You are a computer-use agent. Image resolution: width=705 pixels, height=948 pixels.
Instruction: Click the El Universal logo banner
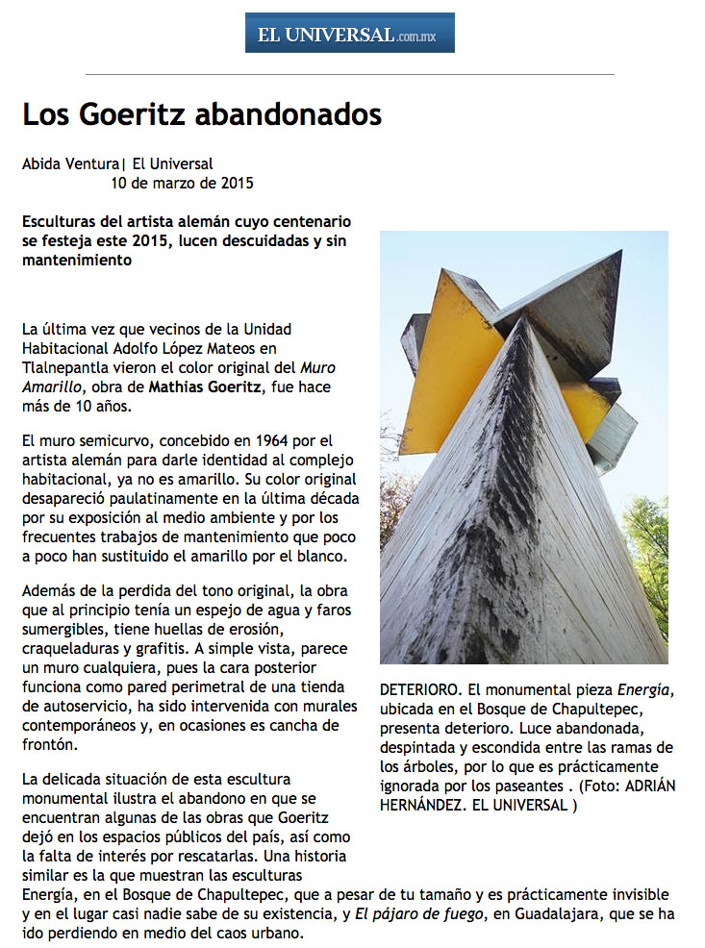tap(349, 33)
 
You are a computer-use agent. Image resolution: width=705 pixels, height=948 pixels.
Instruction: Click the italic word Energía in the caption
tap(643, 690)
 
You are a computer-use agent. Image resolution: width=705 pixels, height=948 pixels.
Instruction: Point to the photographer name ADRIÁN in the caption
tap(647, 786)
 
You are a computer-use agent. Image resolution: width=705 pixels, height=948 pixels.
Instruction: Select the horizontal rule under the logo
tap(349, 74)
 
